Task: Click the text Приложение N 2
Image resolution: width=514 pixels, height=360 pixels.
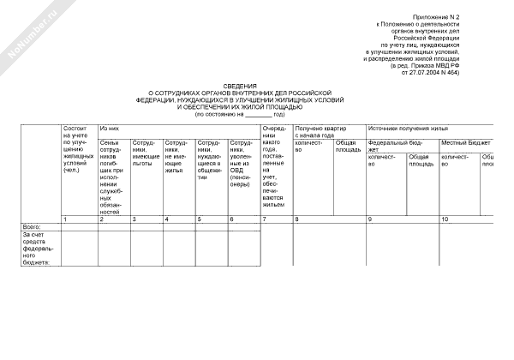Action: click(437, 17)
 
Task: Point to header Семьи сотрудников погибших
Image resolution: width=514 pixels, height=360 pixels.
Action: click(113, 175)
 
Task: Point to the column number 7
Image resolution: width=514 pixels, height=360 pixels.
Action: click(265, 220)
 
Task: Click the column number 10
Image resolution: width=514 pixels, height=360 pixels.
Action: click(445, 220)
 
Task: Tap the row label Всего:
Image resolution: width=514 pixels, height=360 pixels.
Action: click(32, 226)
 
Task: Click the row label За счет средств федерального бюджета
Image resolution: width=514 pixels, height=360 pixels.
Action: click(38, 248)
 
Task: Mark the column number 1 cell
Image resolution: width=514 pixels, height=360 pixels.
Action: click(66, 220)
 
